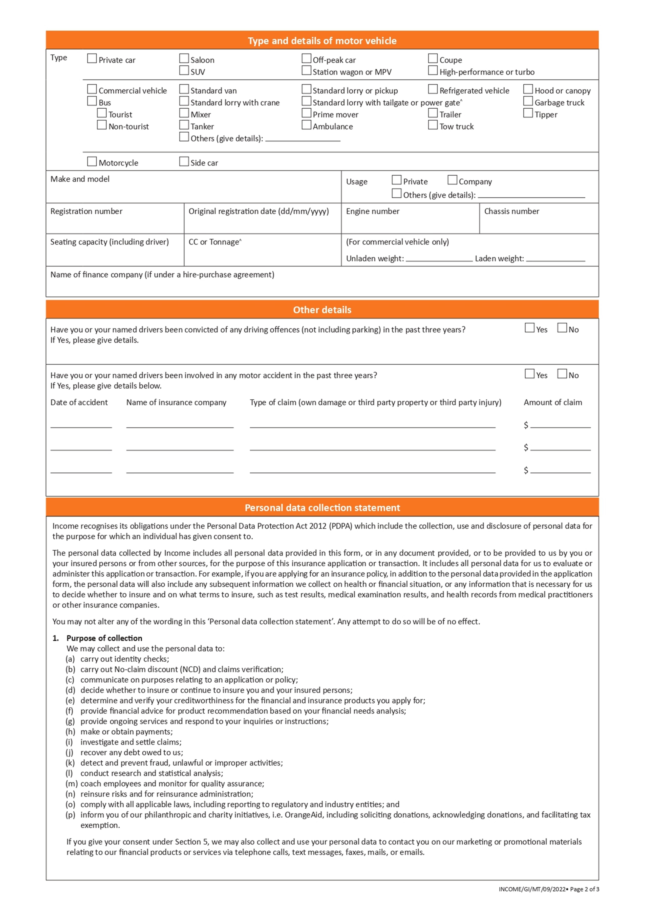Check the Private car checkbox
coord(92,59)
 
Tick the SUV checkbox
coord(184,71)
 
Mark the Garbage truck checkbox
coord(528,101)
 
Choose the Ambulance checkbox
coord(306,125)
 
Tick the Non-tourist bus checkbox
coord(102,125)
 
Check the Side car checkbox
coord(184,161)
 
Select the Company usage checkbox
coord(452,180)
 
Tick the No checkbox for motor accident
coord(562,374)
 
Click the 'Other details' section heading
coord(322,310)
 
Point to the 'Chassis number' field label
coord(511,211)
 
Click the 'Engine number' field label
coord(373,211)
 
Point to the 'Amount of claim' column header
coord(553,402)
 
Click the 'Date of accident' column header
coord(79,402)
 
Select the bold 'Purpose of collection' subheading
coord(104,638)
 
